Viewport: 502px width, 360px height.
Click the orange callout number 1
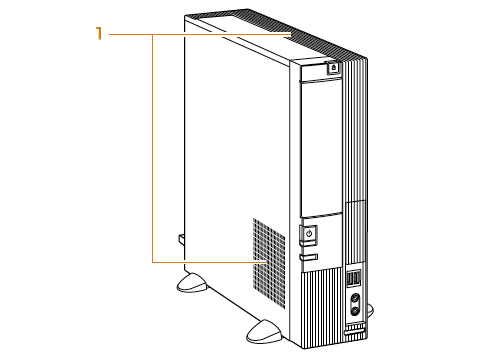point(99,34)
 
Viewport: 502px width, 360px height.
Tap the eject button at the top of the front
point(334,68)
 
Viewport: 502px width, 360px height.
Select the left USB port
point(350,279)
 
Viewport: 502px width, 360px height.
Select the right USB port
point(356,278)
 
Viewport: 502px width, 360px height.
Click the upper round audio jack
point(355,297)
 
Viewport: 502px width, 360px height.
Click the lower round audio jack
point(355,311)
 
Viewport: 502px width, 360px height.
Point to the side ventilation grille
point(269,263)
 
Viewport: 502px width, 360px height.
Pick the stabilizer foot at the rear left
point(191,283)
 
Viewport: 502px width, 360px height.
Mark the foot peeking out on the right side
point(370,309)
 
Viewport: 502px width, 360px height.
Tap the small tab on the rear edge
point(181,240)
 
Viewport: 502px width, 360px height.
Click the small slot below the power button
point(308,257)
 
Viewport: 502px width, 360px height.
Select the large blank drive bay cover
point(321,148)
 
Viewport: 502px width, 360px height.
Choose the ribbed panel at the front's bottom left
point(322,308)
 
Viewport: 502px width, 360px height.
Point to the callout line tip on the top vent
point(291,34)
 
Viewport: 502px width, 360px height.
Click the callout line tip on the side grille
point(266,262)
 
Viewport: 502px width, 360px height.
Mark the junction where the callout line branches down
point(153,34)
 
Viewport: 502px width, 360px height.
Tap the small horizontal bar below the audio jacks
point(354,332)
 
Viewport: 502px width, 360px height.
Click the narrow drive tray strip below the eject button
point(321,80)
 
